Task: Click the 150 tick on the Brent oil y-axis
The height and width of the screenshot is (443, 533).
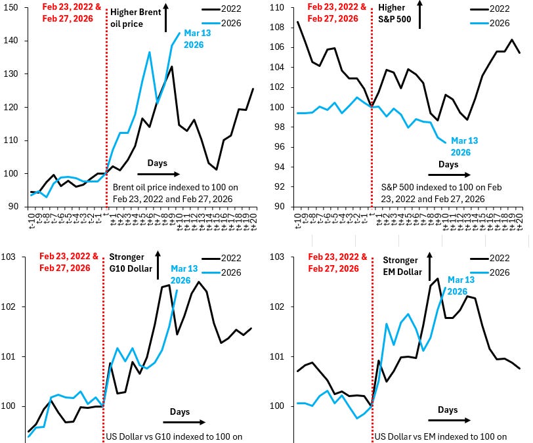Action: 12,7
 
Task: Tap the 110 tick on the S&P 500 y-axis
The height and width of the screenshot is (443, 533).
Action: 277,7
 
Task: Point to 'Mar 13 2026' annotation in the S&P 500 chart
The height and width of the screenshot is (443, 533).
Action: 463,146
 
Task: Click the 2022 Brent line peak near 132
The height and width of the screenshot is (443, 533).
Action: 171,66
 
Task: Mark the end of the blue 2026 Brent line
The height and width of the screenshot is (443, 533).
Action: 179,33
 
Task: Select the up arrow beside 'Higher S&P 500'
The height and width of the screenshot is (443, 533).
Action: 420,12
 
